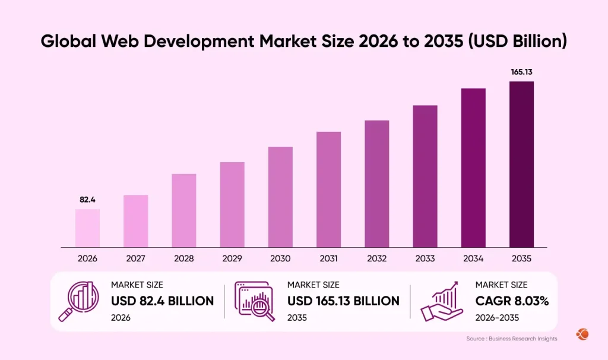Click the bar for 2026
click(87, 228)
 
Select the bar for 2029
click(232, 204)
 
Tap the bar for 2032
click(377, 184)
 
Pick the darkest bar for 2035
click(521, 164)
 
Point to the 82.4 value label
click(88, 200)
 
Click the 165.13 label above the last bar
click(521, 72)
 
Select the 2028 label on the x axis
click(184, 258)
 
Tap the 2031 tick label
click(328, 258)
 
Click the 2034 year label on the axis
click(473, 258)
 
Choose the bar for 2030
click(280, 197)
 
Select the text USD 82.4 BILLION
click(162, 301)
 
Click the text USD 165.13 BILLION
click(343, 301)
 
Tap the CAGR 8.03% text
click(512, 301)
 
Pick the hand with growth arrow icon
click(442, 301)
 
